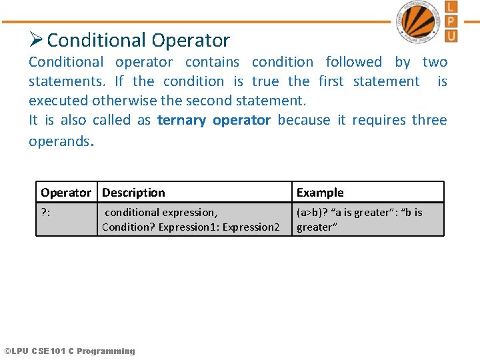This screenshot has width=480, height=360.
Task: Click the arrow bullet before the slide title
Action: pyautogui.click(x=37, y=40)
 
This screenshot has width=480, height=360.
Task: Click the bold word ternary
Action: pyautogui.click(x=181, y=120)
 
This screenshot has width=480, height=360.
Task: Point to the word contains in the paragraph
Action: pyautogui.click(x=212, y=62)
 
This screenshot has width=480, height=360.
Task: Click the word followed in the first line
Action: pyautogui.click(x=353, y=62)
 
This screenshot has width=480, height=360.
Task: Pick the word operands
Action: pyautogui.click(x=58, y=141)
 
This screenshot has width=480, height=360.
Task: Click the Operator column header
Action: pyautogui.click(x=66, y=193)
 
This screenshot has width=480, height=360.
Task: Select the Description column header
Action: pyautogui.click(x=133, y=193)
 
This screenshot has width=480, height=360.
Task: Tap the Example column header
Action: pyautogui.click(x=320, y=193)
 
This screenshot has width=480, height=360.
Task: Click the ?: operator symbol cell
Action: pyautogui.click(x=47, y=213)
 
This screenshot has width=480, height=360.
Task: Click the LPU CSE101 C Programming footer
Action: pyautogui.click(x=69, y=351)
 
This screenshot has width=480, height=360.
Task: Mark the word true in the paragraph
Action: pyautogui.click(x=265, y=81)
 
